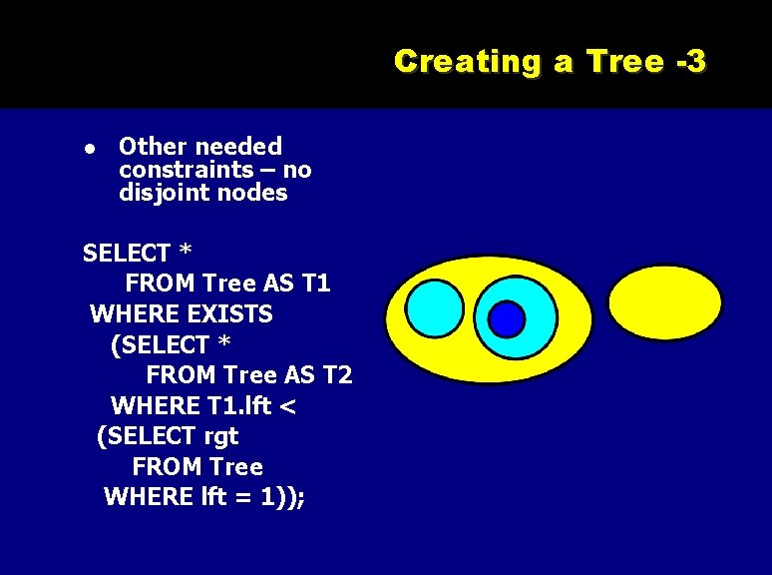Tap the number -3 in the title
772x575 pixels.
pyautogui.click(x=690, y=62)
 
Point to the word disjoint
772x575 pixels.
pyautogui.click(x=161, y=193)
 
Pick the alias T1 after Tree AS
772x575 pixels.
pyautogui.click(x=315, y=284)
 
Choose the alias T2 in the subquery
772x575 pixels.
pyautogui.click(x=335, y=375)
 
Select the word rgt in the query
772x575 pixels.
pyautogui.click(x=220, y=436)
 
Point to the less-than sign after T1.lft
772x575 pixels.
pyautogui.click(x=289, y=406)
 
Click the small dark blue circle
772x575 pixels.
pyautogui.click(x=507, y=319)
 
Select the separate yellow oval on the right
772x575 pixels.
pyautogui.click(x=665, y=300)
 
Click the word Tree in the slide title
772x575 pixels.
pyautogui.click(x=624, y=62)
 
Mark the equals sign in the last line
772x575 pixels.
pyautogui.click(x=243, y=497)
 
